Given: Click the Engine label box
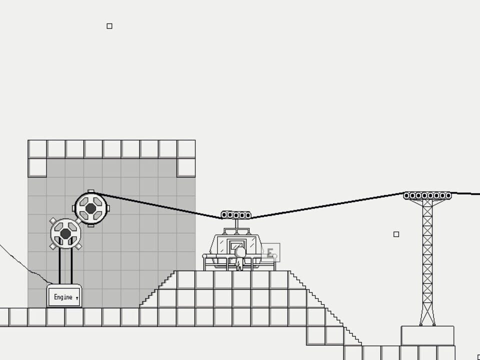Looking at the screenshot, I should [x=64, y=296].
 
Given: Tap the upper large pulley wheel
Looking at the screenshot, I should [x=91, y=208].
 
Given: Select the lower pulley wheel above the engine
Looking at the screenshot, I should [x=65, y=233].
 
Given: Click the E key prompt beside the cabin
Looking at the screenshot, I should [x=270, y=253].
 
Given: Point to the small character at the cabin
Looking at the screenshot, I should [x=240, y=258].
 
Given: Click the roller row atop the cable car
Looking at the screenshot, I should [x=236, y=215].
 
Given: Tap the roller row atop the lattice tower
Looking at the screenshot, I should [x=427, y=195].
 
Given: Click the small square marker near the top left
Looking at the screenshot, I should [x=109, y=26].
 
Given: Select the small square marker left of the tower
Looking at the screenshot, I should [x=396, y=234].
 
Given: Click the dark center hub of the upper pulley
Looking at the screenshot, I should [x=91, y=208].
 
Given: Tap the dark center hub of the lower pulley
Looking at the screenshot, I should [x=65, y=233].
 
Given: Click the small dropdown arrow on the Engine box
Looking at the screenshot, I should [x=77, y=298].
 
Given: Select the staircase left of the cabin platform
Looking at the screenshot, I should [x=157, y=290].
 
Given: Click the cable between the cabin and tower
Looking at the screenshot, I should [x=325, y=205].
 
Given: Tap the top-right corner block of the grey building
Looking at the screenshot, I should [x=186, y=149].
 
